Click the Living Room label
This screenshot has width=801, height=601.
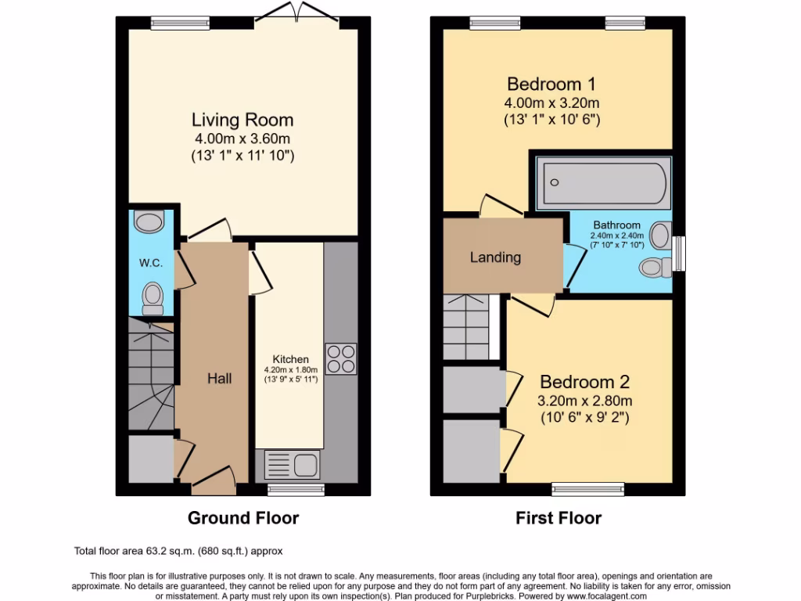[x=242, y=120]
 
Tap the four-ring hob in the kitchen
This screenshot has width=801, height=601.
[x=340, y=359]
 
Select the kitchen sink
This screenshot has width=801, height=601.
[x=291, y=464]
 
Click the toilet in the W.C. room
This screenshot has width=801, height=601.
[x=153, y=298]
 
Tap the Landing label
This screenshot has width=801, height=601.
[x=495, y=257]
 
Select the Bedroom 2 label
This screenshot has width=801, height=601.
[x=585, y=382]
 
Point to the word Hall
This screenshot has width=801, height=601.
[x=219, y=378]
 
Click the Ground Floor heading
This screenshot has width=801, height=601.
[x=242, y=517]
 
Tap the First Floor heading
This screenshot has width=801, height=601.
[x=558, y=517]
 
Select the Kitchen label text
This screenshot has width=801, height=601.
[x=290, y=359]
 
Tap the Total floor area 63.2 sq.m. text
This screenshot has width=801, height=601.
[x=178, y=549]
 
